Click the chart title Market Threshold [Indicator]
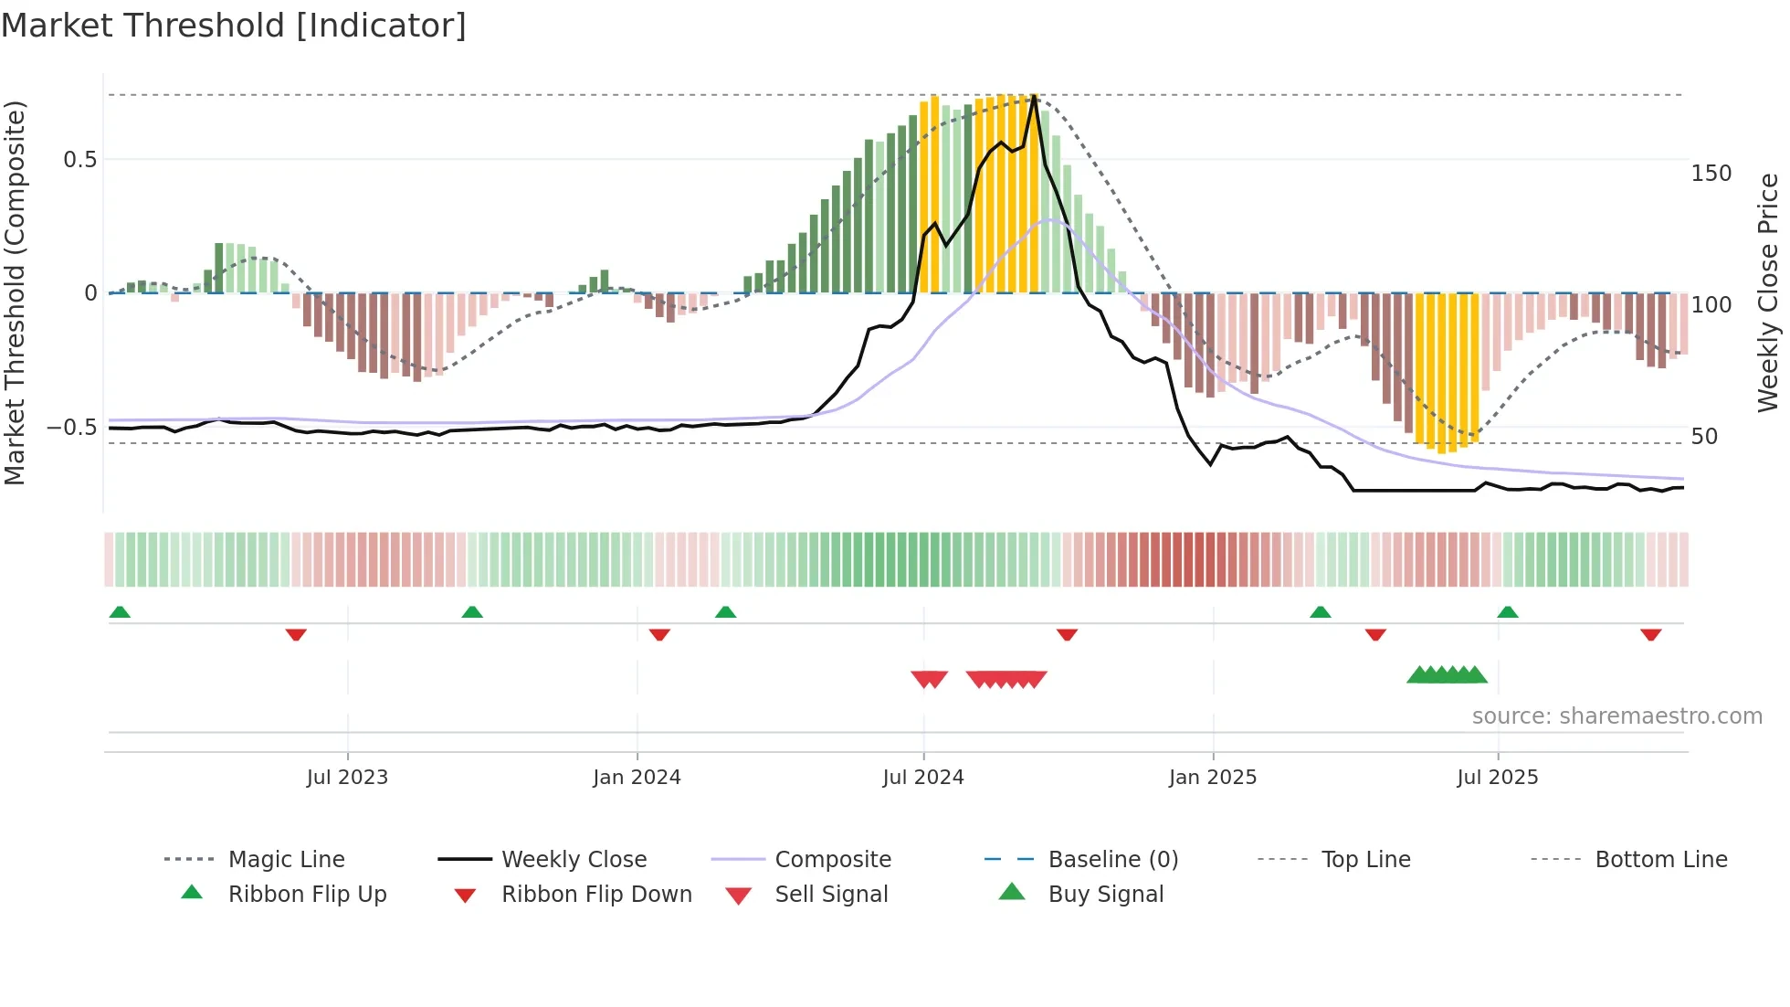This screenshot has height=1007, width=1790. pos(234,26)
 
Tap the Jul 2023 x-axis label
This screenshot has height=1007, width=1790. pos(347,778)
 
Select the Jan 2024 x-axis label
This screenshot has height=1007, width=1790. pos(637,778)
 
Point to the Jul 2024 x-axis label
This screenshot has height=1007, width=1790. pos(923,778)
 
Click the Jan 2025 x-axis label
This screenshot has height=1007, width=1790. pos(1213,778)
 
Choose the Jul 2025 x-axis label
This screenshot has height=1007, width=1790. pos(1498,778)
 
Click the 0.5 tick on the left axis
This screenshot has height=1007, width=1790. pos(79,160)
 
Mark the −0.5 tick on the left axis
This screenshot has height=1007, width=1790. pos(72,428)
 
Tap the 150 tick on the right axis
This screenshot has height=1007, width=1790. pos(1711,174)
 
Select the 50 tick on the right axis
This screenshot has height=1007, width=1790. pos(1704,437)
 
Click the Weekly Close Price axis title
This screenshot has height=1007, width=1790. pos(1768,292)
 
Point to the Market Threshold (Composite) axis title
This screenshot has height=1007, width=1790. pos(15,292)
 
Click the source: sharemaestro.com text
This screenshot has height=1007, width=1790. pos(1616,716)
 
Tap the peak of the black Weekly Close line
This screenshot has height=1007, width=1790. pos(1034,96)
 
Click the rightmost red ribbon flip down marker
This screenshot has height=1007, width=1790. pos(1650,635)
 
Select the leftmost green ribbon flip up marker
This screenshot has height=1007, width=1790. pos(120,612)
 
